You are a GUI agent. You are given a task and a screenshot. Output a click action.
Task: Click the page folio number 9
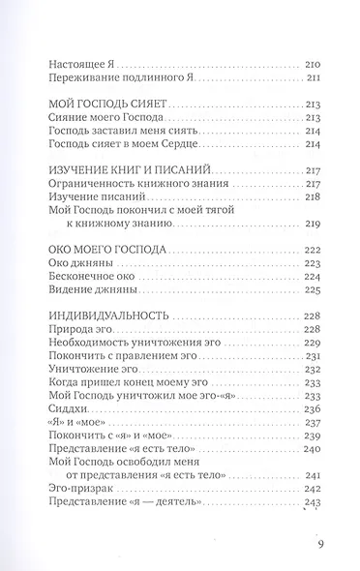pos(320,543)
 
